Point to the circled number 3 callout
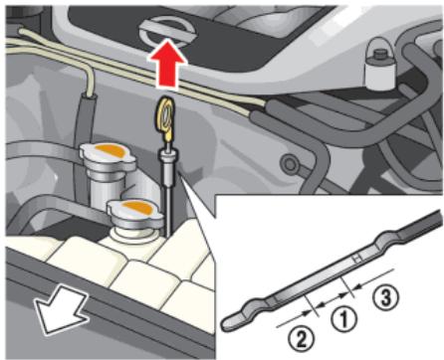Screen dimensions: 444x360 384,297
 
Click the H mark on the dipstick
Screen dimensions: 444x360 357,259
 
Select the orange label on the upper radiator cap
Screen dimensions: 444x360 109,151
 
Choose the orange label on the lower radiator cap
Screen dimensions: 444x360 137,208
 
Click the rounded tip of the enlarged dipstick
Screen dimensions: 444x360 230,322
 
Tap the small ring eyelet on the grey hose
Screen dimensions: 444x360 289,163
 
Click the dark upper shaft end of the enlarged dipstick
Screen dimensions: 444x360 421,224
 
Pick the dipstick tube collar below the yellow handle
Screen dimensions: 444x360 167,158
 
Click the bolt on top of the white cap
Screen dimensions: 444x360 379,53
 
